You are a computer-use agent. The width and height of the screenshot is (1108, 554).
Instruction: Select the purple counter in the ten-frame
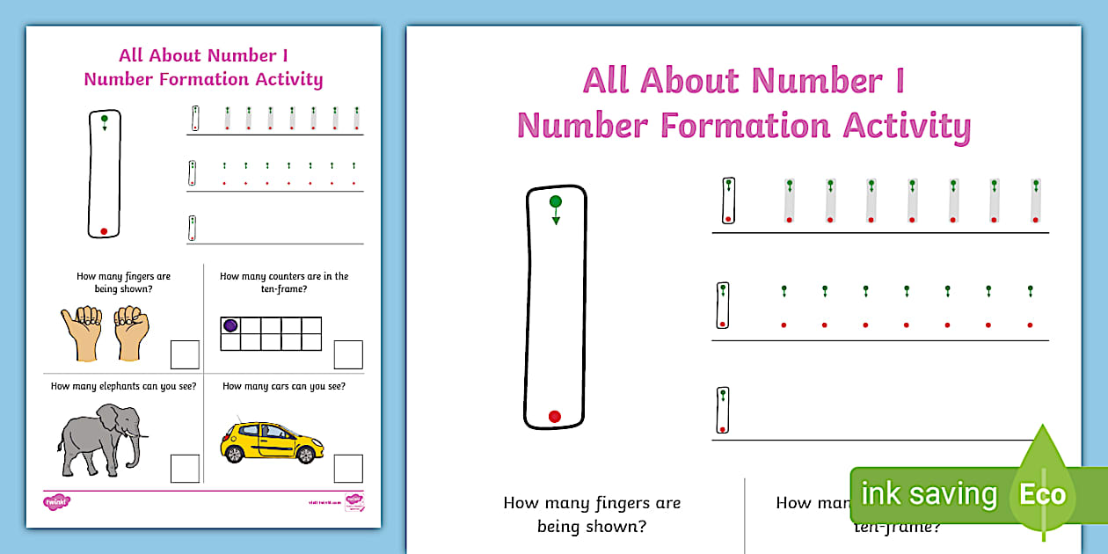(230, 325)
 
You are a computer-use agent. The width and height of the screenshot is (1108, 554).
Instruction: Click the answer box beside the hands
(185, 354)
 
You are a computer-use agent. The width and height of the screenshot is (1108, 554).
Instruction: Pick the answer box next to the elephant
(185, 468)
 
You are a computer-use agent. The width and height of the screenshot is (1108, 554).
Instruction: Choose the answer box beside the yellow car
(348, 468)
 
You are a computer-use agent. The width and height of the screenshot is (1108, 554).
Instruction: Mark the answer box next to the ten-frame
(348, 354)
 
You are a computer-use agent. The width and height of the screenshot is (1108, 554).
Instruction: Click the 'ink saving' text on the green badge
(929, 494)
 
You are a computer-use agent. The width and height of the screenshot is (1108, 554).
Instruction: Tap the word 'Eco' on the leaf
(1042, 494)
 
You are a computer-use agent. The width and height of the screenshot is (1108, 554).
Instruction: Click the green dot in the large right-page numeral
(555, 202)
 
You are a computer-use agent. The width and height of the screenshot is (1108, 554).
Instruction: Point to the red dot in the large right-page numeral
(554, 416)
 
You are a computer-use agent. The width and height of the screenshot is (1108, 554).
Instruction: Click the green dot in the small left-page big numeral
(104, 119)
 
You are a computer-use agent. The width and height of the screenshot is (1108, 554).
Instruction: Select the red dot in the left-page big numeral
(104, 231)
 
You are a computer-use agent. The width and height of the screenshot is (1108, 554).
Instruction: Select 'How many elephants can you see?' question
(123, 386)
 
